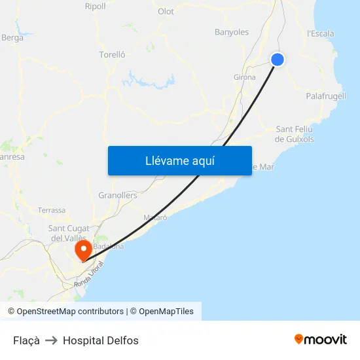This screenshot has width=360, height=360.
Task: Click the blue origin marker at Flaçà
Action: pyautogui.click(x=278, y=60)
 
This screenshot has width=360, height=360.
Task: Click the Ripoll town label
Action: pyautogui.click(x=95, y=7)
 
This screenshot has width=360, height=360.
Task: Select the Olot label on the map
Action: pyautogui.click(x=166, y=12)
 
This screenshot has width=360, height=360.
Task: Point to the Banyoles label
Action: pyautogui.click(x=232, y=32)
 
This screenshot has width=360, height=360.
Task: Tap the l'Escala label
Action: pyautogui.click(x=321, y=34)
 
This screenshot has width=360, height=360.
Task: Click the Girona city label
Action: pyautogui.click(x=244, y=77)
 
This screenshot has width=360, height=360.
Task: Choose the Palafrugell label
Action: pyautogui.click(x=326, y=96)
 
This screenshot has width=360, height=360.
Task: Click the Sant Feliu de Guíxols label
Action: pyautogui.click(x=295, y=134)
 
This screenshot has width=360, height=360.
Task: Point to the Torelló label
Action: pyautogui.click(x=112, y=55)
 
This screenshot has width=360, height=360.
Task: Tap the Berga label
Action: pyautogui.click(x=12, y=38)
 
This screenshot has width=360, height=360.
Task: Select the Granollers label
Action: pyautogui.click(x=118, y=196)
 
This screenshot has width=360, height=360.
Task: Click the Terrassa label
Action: pyautogui.click(x=52, y=211)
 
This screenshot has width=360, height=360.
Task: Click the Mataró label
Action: pyautogui.click(x=155, y=217)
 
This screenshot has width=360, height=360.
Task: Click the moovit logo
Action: pyautogui.click(x=321, y=340)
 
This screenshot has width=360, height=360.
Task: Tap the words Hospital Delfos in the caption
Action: pyautogui.click(x=101, y=340)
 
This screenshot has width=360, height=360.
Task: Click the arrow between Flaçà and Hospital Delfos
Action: pyautogui.click(x=51, y=340)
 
